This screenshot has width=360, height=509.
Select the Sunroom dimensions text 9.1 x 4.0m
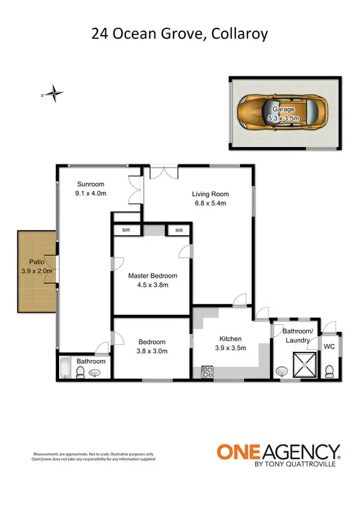click(91, 193)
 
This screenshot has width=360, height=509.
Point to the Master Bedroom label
click(152, 276)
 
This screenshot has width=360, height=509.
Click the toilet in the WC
click(329, 368)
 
